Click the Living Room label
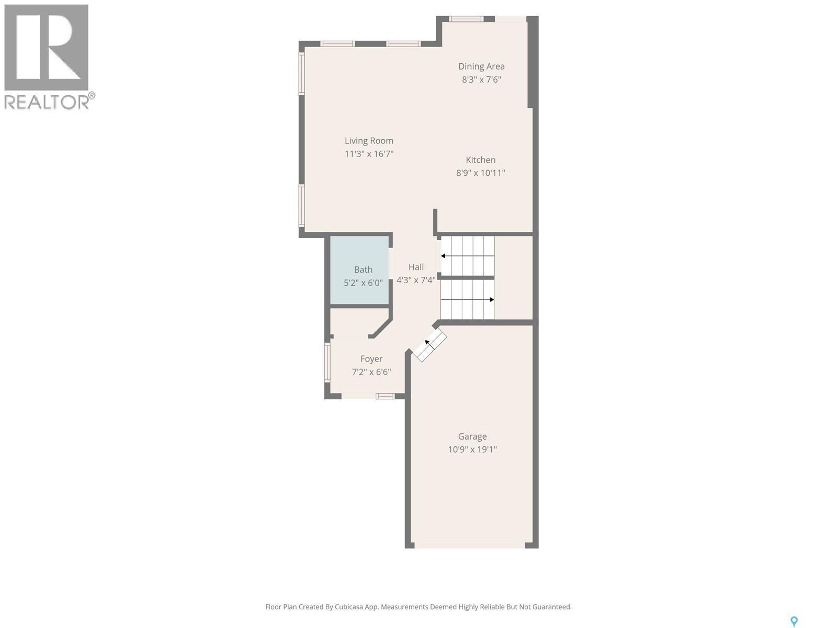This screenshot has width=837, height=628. tap(369, 140)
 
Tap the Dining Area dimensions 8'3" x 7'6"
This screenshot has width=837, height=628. tap(481, 80)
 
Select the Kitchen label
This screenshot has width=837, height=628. tap(481, 160)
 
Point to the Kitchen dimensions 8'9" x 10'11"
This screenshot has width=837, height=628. tap(480, 173)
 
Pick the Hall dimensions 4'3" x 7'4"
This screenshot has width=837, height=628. tap(416, 280)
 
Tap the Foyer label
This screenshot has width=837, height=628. tap(371, 358)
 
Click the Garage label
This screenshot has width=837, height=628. tap(472, 436)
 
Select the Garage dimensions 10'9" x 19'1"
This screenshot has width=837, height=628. tap(472, 449)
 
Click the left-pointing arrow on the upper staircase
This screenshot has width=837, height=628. tap(444, 256)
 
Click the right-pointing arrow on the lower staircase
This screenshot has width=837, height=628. tap(491, 299)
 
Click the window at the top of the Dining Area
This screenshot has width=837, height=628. tap(466, 19)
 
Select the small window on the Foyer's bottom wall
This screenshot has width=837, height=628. tap(386, 396)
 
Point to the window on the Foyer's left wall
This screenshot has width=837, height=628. tap(327, 362)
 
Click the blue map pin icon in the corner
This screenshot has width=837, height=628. tap(794, 621)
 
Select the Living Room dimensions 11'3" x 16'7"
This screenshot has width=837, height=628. tap(369, 154)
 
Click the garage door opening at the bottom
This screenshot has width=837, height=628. tap(470, 545)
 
